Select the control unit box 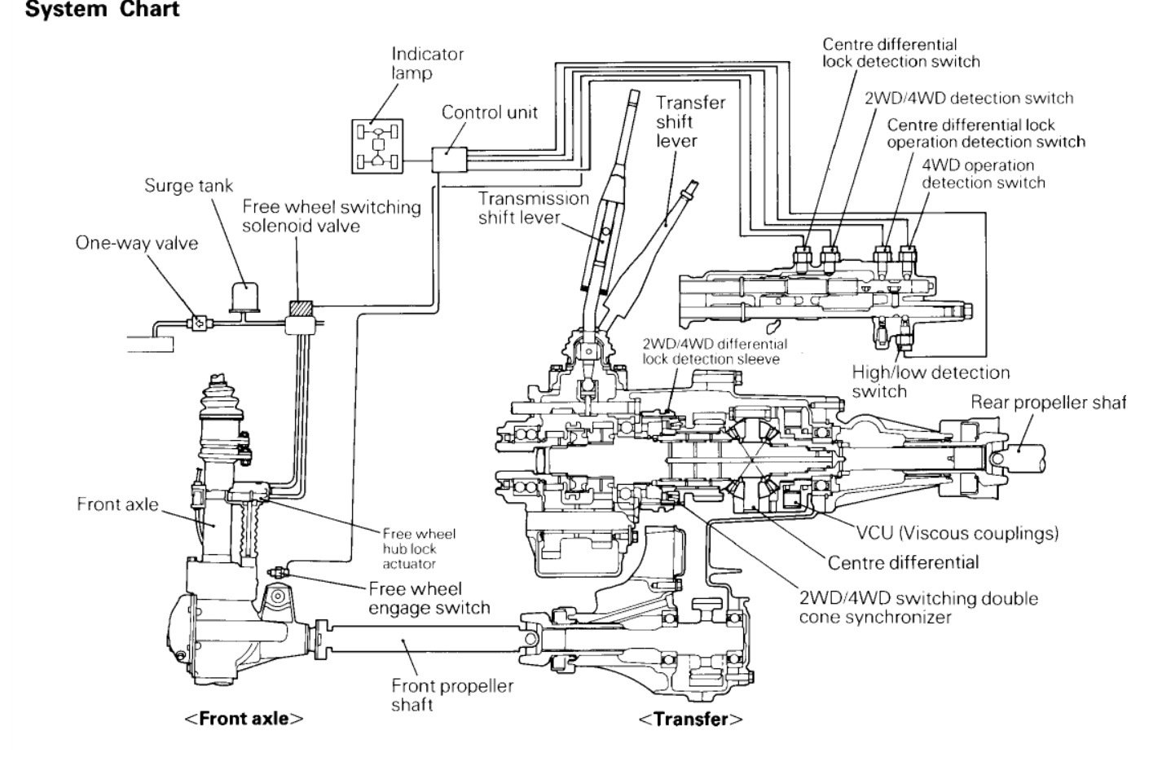(x=447, y=159)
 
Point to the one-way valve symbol (x=198, y=323)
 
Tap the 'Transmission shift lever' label (x=533, y=208)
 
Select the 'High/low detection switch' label (x=930, y=382)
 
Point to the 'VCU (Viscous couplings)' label (x=957, y=534)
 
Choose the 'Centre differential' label (x=903, y=562)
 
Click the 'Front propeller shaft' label (x=452, y=694)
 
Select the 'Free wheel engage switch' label (x=429, y=597)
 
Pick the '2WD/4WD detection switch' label (x=968, y=99)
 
